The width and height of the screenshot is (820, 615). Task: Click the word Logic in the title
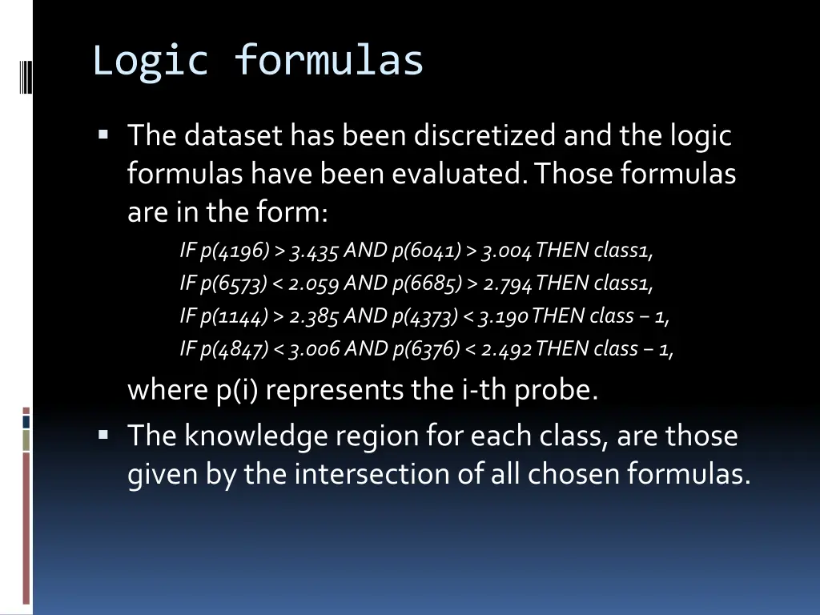point(151,61)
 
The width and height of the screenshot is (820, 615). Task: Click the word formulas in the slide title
point(328,61)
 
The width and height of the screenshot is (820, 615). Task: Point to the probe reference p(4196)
point(234,251)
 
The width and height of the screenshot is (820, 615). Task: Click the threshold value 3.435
point(316,251)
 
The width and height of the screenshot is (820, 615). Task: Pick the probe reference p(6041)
point(426,251)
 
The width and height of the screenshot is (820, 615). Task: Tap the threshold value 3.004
point(507,251)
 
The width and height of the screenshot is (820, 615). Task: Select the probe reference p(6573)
point(235,283)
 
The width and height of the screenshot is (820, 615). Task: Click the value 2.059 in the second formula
point(316,283)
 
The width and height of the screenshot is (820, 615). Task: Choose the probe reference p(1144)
point(234,316)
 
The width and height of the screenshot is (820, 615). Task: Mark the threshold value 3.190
point(503,316)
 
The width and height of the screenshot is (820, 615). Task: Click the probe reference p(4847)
point(235,349)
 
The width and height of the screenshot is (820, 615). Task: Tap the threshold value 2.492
point(507,349)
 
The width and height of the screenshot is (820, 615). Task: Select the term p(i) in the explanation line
point(238,390)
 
